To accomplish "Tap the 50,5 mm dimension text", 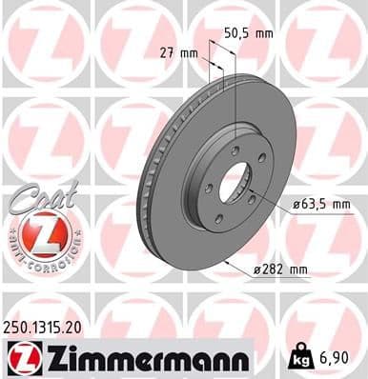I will click(x=247, y=32).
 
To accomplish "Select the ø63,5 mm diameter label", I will click(x=320, y=205).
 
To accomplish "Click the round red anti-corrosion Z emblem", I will click(x=39, y=236).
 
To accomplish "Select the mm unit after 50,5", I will click(x=262, y=32).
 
